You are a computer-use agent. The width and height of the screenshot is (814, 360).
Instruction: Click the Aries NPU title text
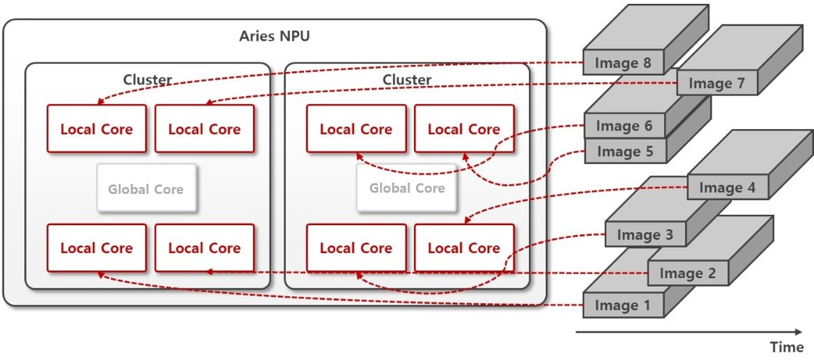[274, 36]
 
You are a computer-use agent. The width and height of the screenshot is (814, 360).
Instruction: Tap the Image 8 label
[623, 63]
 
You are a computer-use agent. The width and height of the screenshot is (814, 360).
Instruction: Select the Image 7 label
[717, 83]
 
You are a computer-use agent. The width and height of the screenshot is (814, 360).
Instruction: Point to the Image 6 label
[624, 126]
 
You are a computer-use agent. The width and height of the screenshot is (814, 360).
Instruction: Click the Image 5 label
[624, 151]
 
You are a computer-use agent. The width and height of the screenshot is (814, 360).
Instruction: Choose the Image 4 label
[727, 188]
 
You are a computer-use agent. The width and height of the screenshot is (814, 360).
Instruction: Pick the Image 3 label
[644, 235]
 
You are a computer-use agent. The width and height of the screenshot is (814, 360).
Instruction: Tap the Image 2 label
[687, 273]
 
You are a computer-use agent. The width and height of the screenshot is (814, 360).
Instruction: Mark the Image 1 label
[623, 305]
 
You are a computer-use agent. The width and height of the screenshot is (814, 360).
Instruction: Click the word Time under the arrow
[787, 347]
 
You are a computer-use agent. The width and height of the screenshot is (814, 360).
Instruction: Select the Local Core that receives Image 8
[97, 129]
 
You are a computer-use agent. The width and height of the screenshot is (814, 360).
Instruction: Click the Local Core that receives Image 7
[204, 129]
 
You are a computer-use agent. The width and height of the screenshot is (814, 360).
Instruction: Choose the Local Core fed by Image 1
[97, 248]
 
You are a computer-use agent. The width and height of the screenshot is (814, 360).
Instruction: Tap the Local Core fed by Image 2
[204, 248]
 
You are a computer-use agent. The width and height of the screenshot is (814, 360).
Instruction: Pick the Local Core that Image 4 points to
[464, 248]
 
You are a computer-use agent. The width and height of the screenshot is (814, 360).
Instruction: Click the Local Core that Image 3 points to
[355, 248]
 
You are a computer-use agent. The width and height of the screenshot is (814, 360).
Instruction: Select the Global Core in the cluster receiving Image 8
[146, 189]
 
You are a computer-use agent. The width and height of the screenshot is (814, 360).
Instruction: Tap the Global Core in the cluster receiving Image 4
[406, 188]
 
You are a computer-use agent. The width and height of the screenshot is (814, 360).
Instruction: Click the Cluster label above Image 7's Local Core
[148, 80]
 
